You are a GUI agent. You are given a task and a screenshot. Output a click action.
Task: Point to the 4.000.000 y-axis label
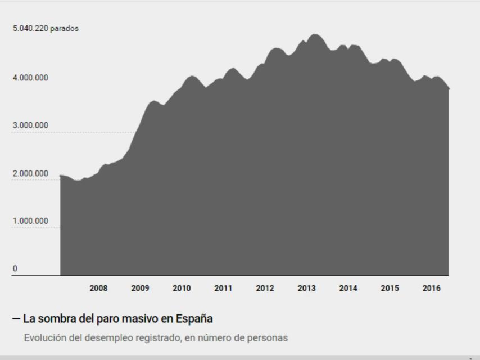(30, 78)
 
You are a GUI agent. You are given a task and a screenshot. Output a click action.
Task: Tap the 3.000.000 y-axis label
(30, 125)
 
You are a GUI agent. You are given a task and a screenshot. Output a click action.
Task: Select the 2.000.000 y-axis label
(30, 173)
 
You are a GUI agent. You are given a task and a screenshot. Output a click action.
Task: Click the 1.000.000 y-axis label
(30, 220)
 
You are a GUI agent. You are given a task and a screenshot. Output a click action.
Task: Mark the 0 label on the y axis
(15, 268)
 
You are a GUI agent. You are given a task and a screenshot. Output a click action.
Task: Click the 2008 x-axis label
(98, 289)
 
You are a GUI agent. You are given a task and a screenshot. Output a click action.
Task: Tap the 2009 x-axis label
(140, 289)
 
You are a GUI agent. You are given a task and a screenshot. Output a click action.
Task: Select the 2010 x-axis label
(182, 289)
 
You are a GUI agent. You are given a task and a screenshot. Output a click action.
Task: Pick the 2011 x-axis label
(223, 289)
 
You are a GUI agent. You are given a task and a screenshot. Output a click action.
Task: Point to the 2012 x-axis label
(265, 289)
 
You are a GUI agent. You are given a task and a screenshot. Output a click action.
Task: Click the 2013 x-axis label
(306, 289)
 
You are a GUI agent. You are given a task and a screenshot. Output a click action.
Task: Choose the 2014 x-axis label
(348, 289)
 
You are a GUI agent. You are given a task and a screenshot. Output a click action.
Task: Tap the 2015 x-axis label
(390, 289)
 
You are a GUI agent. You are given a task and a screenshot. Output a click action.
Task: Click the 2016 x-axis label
(431, 289)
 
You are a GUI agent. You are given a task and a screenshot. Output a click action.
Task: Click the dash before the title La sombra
(16, 319)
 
